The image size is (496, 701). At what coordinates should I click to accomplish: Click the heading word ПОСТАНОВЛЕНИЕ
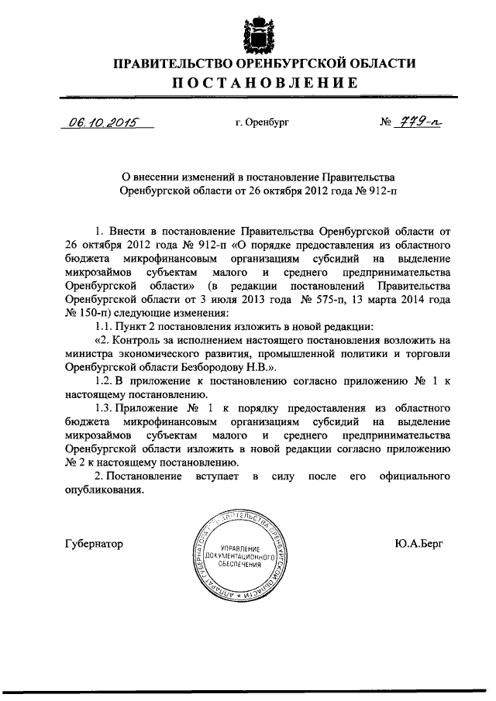point(247,83)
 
